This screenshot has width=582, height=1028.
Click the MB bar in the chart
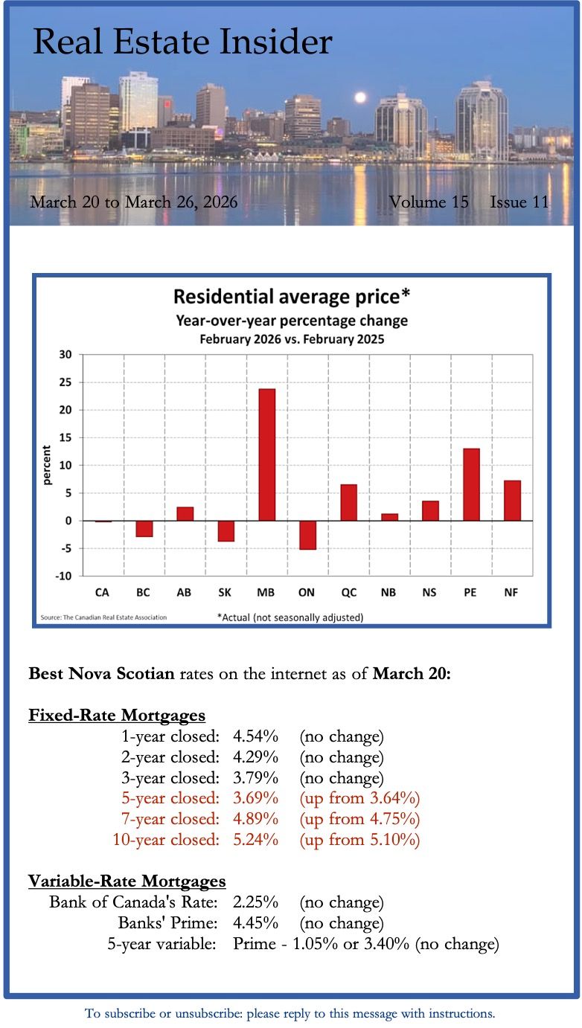coord(266,454)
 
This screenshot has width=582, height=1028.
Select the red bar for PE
coord(471,484)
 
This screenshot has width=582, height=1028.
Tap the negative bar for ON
coord(307,535)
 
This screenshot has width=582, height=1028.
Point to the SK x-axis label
coord(226,592)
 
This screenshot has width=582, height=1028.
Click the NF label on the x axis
coord(511,592)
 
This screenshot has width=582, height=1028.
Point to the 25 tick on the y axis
coord(65,382)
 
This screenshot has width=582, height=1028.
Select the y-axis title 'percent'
coord(47,465)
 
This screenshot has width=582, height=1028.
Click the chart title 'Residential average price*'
coord(292,298)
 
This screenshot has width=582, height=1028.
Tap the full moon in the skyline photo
coord(361,97)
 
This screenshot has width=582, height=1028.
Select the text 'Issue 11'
coord(519,202)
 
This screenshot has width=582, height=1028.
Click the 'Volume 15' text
coord(429,202)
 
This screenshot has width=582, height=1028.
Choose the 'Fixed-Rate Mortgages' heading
coord(116,716)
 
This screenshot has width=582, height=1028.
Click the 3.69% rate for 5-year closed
coord(255,799)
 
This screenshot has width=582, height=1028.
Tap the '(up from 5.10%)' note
coord(359,841)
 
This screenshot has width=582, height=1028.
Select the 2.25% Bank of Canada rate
coord(255,903)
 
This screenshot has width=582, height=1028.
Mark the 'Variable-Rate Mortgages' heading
coord(127,881)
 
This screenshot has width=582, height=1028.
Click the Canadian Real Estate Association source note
coord(103,617)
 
